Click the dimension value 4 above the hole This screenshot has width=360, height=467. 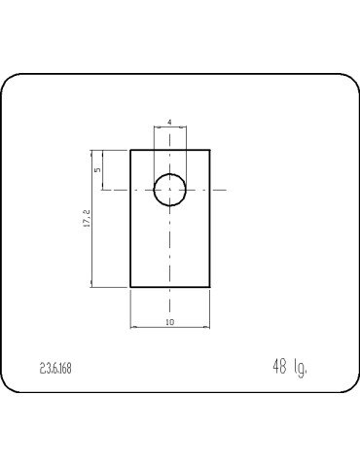[x=170, y=122]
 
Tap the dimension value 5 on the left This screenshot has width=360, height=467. [x=96, y=169]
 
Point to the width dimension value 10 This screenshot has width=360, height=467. [x=170, y=321]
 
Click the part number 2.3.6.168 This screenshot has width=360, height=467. [x=55, y=369]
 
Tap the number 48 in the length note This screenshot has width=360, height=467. [x=279, y=367]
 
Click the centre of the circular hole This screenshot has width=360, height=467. [x=170, y=189]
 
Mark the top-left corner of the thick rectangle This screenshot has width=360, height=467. [x=130, y=150]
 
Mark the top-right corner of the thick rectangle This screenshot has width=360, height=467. [x=210, y=150]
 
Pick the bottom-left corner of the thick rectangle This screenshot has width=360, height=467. [x=130, y=287]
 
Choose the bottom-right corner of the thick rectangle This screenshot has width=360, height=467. [x=210, y=287]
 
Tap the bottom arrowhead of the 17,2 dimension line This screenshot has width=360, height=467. [x=91, y=285]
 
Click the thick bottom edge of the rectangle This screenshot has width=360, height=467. [x=170, y=287]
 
